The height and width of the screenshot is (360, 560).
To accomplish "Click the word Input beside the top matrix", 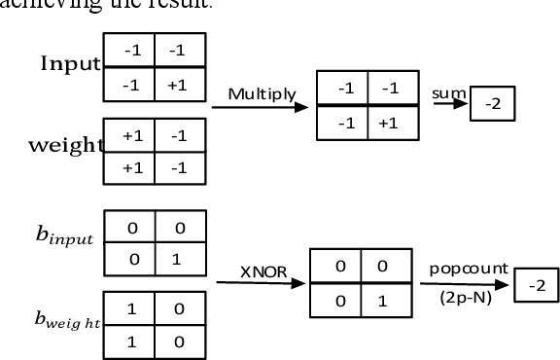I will coord(70,64).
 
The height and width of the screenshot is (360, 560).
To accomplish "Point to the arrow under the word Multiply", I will coord(259,107).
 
